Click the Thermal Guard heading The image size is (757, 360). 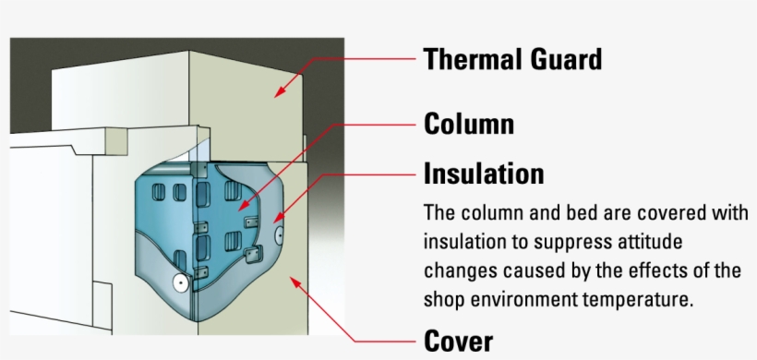pos(512,59)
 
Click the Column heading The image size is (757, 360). pos(468,124)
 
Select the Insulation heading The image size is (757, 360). pos(483,173)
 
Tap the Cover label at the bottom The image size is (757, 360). pos(459,341)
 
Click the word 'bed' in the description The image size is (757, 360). pos(582,212)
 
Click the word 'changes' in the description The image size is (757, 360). pos(454,271)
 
